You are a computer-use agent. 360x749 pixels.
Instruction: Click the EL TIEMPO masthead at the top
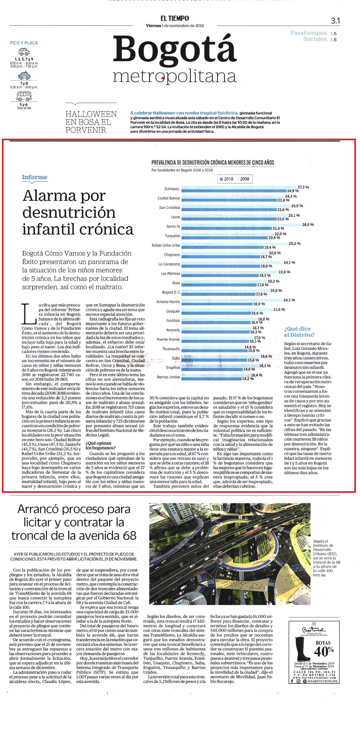pos(174,18)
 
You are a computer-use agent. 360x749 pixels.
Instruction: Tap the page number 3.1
pos(335,21)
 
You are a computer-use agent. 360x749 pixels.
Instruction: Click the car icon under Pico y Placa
pos(24,52)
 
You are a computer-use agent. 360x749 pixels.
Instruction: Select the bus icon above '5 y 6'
pos(24,96)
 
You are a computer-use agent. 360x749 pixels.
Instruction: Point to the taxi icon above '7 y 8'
pos(24,76)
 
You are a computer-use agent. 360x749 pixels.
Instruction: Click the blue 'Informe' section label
pos(35,177)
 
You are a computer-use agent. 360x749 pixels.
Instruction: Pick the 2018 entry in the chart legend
pos(226,179)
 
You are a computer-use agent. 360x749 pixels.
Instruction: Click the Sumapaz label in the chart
pos(172,189)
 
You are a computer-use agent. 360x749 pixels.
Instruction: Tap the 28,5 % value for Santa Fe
pos(308,225)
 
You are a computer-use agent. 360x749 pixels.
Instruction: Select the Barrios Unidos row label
pos(169,377)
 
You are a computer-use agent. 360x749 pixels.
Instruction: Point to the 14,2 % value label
pos(248,379)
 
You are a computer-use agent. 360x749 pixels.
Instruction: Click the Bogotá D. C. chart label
pos(171,292)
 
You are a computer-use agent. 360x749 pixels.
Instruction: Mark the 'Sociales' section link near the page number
pos(315,39)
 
